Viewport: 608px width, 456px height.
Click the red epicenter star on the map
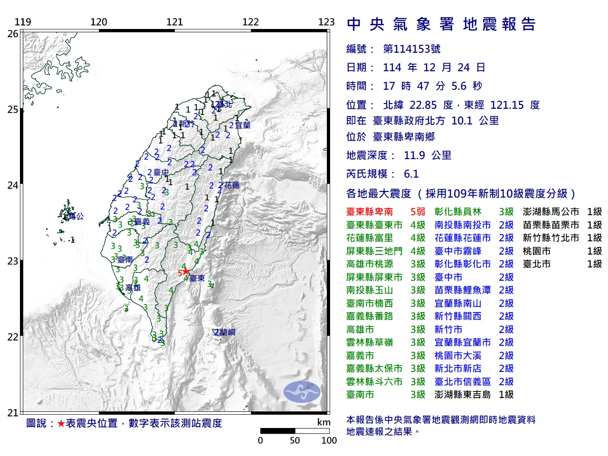pos(186,272)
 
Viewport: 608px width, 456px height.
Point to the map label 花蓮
pos(232,185)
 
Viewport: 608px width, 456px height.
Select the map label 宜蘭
pos(242,125)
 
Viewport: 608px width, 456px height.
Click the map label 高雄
pos(133,287)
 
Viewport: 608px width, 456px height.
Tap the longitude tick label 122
pos(250,22)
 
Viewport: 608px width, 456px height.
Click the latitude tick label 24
pos(13,185)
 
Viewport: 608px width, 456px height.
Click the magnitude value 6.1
pos(411,174)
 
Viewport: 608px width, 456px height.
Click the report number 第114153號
pos(411,49)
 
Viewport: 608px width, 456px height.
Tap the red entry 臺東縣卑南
pos(370,212)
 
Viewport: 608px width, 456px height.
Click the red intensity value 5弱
pos(418,212)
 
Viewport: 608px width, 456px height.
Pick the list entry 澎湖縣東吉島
pos(462,395)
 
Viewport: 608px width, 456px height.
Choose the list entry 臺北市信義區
pos(462,381)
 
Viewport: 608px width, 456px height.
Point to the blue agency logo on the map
pos(302,392)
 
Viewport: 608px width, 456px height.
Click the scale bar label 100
pos(329,440)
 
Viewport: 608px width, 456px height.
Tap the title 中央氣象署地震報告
pos(441,24)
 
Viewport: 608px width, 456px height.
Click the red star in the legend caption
pos(61,423)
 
